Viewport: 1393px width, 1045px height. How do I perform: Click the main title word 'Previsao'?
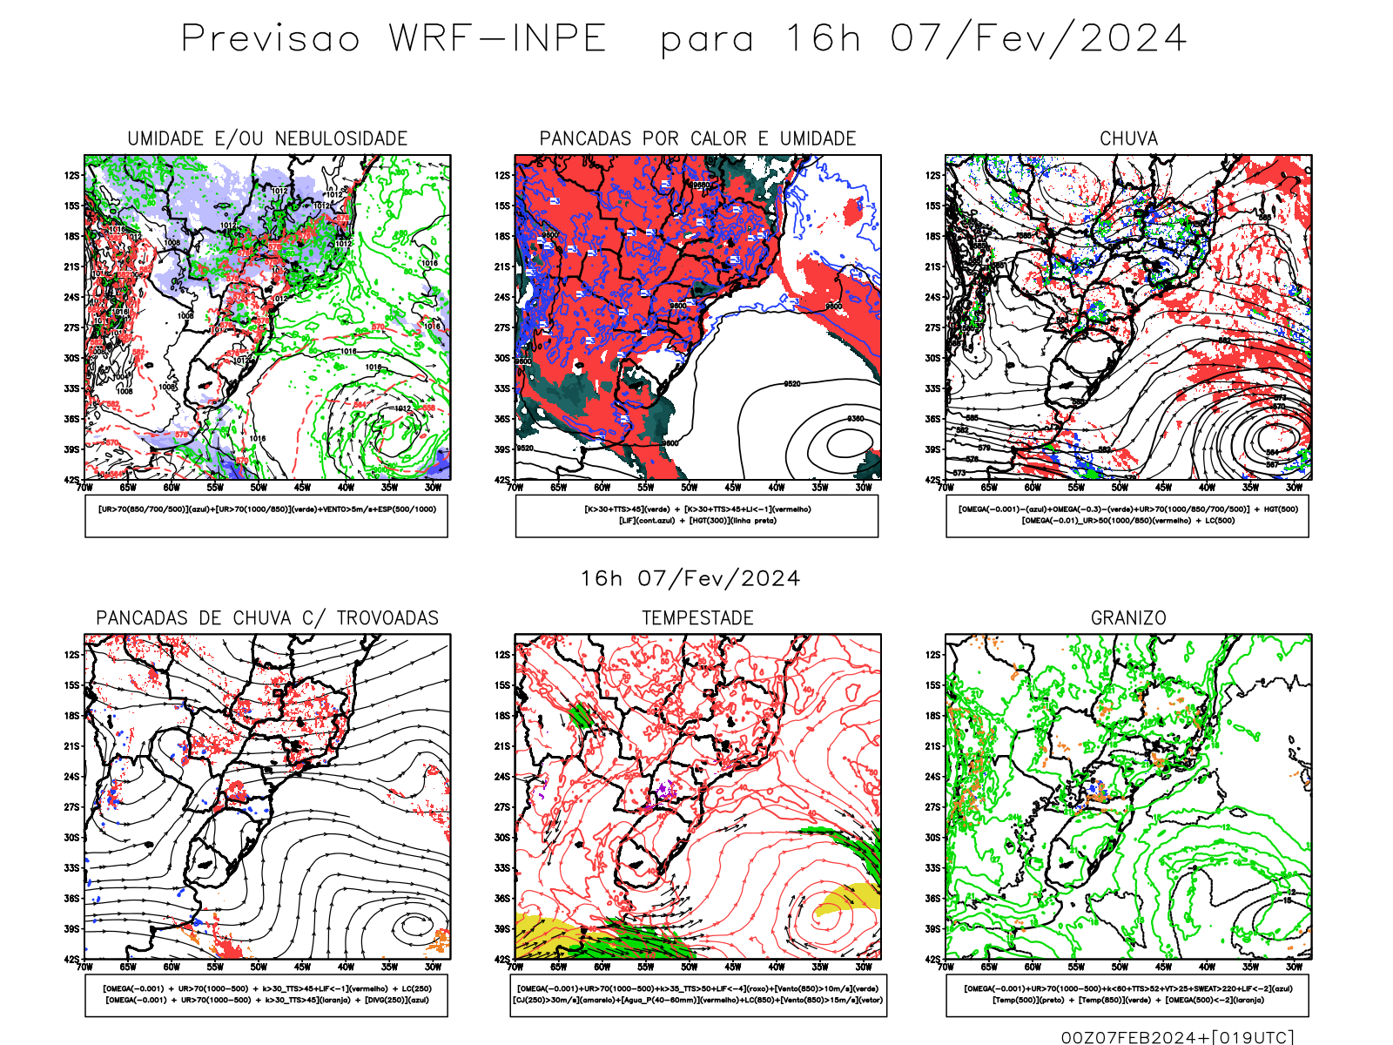tap(271, 39)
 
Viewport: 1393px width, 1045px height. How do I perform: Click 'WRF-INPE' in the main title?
tap(498, 39)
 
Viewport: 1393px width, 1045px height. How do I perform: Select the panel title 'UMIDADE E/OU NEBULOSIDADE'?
tap(267, 138)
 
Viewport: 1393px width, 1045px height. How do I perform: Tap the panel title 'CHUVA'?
tap(1128, 138)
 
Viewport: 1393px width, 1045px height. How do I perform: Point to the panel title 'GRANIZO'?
tap(1128, 617)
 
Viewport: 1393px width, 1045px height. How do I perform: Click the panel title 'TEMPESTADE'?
tap(697, 617)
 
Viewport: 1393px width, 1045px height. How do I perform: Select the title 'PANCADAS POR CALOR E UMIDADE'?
tap(697, 138)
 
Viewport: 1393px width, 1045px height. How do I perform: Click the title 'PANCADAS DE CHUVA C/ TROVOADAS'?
tap(267, 617)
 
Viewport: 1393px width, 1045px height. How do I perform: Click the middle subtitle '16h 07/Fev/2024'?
tap(690, 578)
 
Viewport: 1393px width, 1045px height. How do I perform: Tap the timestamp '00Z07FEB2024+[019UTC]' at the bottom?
tap(1177, 1036)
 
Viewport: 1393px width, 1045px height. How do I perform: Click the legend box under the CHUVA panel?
tap(1127, 516)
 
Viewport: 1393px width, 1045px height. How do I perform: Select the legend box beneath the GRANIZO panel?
tap(1127, 994)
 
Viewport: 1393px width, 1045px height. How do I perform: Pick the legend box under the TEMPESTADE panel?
tap(697, 994)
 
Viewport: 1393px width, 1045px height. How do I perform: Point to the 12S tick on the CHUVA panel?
tap(933, 175)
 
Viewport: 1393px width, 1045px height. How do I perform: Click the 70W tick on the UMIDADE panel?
tap(84, 488)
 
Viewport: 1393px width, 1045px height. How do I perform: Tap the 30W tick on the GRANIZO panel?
tap(1295, 967)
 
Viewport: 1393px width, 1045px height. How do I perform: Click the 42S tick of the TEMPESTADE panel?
tap(502, 959)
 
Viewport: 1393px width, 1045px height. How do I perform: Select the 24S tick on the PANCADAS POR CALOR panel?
tap(502, 297)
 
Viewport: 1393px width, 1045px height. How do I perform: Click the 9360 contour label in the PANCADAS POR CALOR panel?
tap(856, 419)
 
